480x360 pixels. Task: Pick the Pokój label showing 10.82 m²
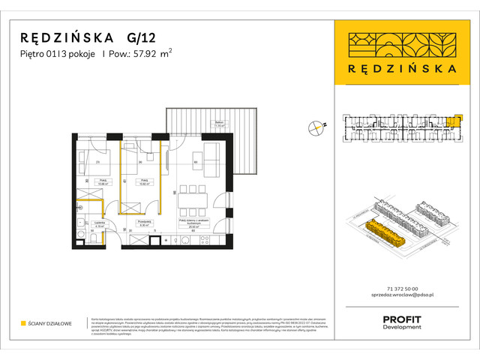[x=140, y=181]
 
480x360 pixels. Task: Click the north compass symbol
[x=316, y=128]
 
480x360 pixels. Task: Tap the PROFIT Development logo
[x=402, y=322]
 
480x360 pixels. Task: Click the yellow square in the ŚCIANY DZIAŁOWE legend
[x=23, y=324]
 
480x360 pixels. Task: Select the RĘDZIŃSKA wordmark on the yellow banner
[x=404, y=67]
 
